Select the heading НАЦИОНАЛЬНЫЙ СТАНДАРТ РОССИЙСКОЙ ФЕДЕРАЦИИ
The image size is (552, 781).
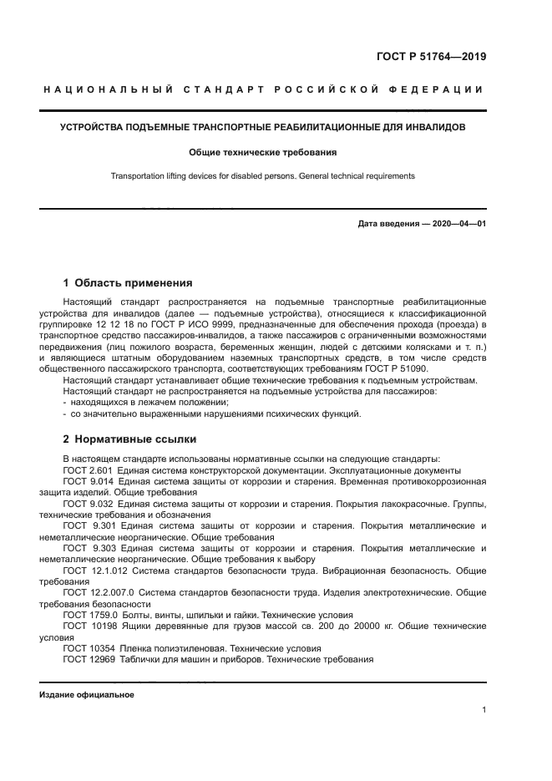pyautogui.click(x=263, y=89)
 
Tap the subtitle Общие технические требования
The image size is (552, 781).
pyautogui.click(x=263, y=153)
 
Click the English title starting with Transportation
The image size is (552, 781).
pyautogui.click(x=263, y=176)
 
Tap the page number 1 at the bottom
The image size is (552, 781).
pyautogui.click(x=484, y=710)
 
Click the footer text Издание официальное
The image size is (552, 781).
pyautogui.click(x=87, y=694)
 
